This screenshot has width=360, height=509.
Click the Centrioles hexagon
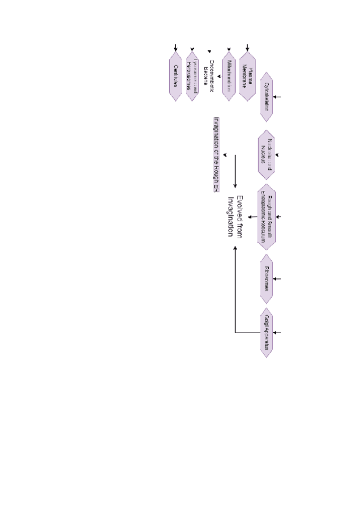[176, 76]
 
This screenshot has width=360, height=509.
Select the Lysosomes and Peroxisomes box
[193, 76]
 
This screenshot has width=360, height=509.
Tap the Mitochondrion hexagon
[229, 76]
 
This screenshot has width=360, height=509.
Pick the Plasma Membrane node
[248, 76]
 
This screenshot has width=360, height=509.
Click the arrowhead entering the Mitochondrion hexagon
[229, 50]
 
